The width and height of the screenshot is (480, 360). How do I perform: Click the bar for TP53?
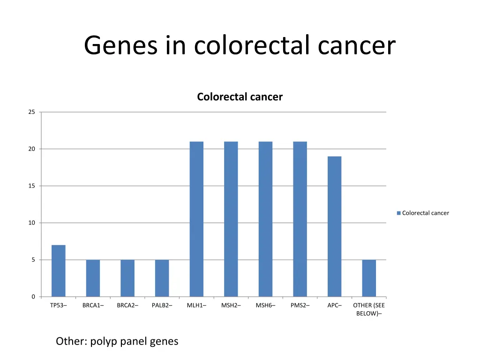(x=59, y=271)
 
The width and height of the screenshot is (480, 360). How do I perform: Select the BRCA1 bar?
(x=93, y=278)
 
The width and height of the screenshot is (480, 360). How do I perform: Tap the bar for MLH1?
(x=196, y=219)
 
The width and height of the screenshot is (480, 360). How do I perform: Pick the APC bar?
(x=335, y=226)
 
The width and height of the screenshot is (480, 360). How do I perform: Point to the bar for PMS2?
(x=300, y=219)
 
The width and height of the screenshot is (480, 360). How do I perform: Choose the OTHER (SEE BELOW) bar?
(x=369, y=278)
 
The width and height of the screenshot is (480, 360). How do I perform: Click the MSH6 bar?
(x=265, y=219)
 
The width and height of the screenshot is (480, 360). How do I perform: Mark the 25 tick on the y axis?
(x=31, y=112)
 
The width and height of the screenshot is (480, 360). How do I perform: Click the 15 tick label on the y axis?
(x=31, y=186)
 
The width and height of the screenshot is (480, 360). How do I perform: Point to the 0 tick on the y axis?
(x=33, y=297)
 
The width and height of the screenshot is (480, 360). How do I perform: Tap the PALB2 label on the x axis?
(x=162, y=306)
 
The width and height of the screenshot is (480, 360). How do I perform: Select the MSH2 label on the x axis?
(x=231, y=306)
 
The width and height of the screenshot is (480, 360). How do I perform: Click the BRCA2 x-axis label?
(x=127, y=306)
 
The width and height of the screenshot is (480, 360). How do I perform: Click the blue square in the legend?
(x=398, y=213)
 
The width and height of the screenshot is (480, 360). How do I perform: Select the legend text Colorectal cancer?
(x=426, y=213)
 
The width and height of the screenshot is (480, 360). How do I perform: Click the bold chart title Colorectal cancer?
(x=240, y=97)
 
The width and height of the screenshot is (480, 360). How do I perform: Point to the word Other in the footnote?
(x=70, y=341)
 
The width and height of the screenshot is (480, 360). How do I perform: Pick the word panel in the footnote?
(x=134, y=341)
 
